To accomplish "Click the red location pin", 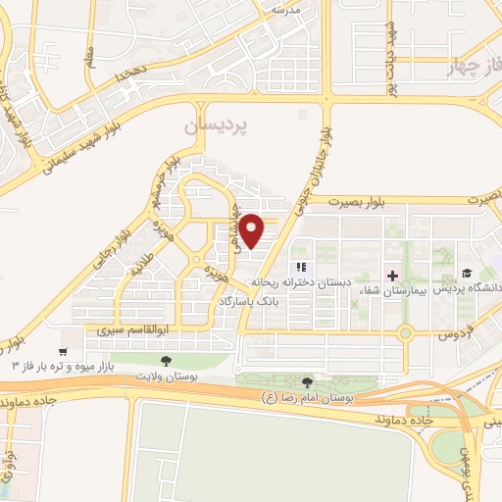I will [x=252, y=230].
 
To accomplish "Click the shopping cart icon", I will [x=64, y=350].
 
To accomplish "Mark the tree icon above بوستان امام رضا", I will [x=310, y=381].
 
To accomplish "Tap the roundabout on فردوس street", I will [x=405, y=333].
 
